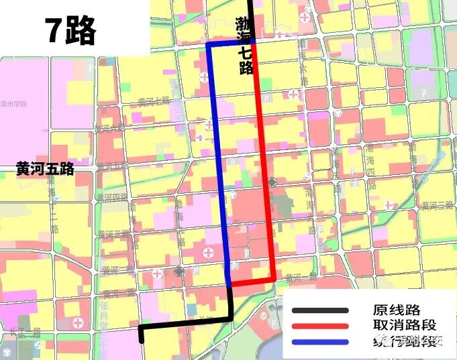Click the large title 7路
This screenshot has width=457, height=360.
tap(70, 30)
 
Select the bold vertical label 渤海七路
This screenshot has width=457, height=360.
tap(244, 47)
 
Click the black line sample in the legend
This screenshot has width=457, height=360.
tap(320, 310)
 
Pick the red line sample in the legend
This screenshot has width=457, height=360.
tap(320, 326)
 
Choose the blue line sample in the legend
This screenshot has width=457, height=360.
tap(320, 342)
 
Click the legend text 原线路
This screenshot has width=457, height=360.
tap(397, 310)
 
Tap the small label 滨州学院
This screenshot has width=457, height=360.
tap(14, 104)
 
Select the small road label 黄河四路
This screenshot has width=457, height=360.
tap(111, 198)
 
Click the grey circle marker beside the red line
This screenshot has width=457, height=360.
tap(272, 182)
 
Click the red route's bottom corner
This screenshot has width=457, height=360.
tap(274, 279)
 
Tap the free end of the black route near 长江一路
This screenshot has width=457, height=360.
tap(142, 340)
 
